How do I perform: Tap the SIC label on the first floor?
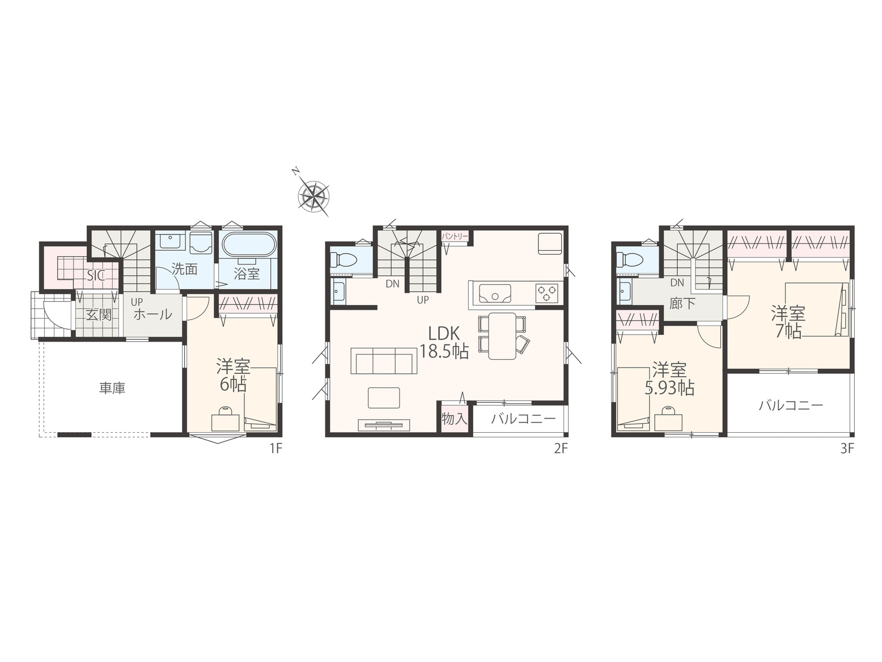(x=96, y=275)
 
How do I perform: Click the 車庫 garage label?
(x=112, y=388)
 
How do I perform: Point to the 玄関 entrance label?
(x=99, y=314)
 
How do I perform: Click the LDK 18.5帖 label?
(x=444, y=342)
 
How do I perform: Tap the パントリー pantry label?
(x=455, y=237)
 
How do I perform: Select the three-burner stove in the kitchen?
(x=546, y=292)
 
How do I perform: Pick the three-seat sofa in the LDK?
(x=384, y=361)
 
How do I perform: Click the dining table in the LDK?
(x=502, y=336)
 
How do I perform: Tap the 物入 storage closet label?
(x=455, y=419)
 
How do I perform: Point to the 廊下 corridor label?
(x=682, y=303)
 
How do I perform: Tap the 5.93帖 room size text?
(x=669, y=388)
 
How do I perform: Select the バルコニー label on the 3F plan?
(x=791, y=405)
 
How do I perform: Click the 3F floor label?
(x=847, y=448)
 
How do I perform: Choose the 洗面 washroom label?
(x=184, y=269)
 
